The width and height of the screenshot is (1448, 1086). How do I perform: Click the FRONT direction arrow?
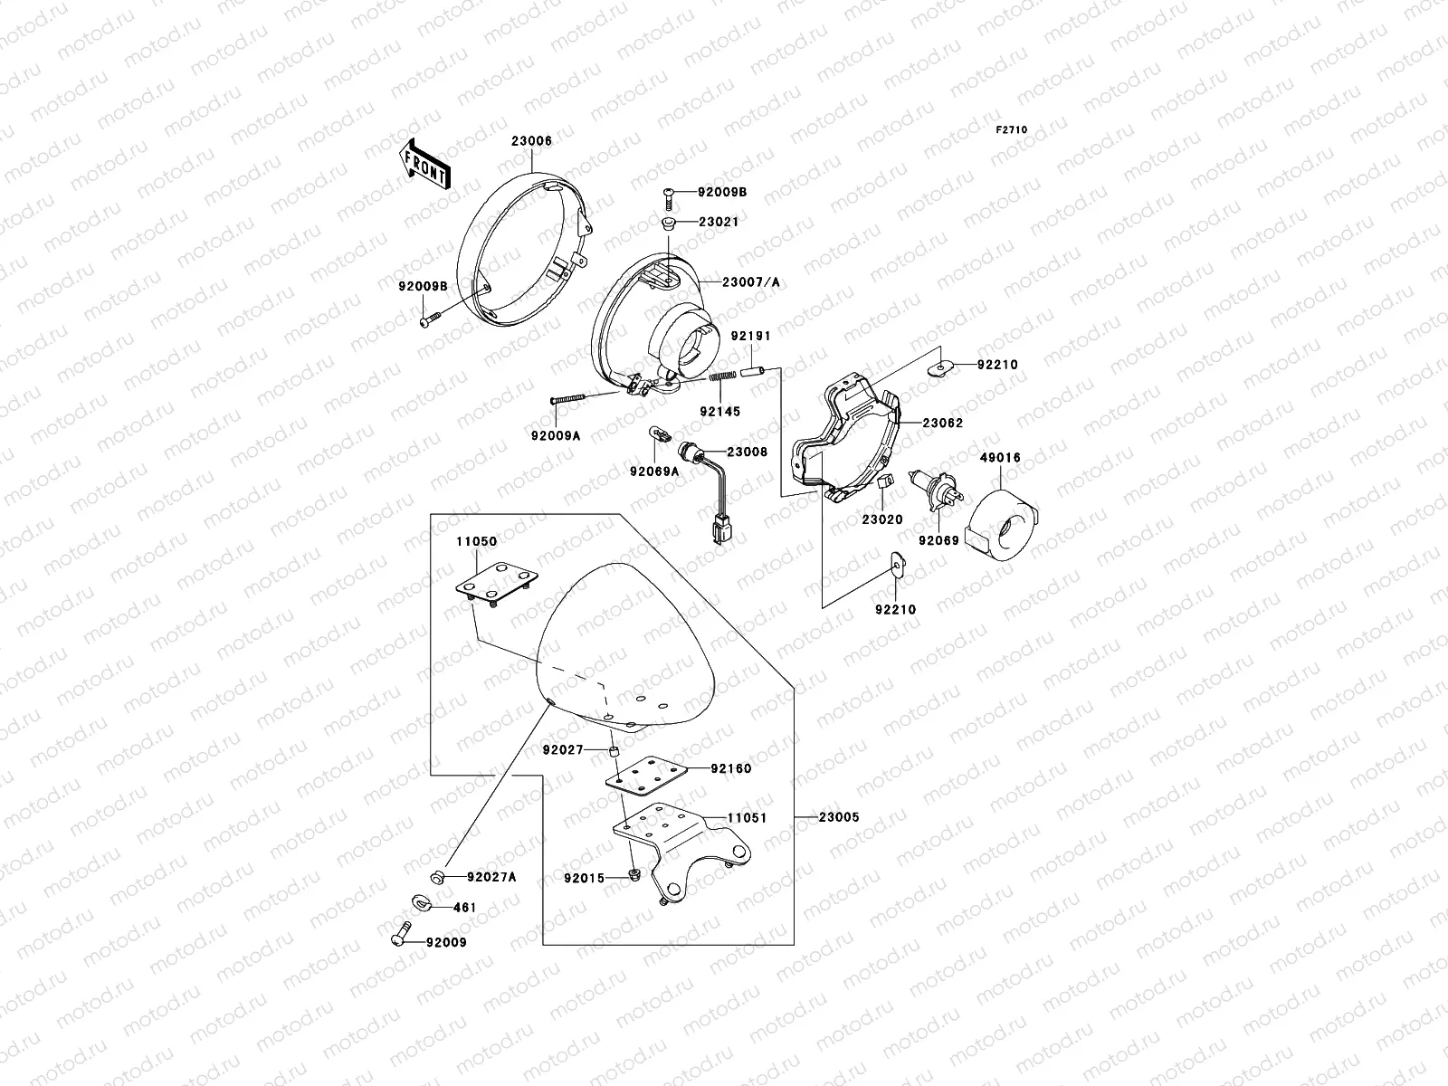point(424,163)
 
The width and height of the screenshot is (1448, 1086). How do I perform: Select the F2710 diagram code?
point(1012,130)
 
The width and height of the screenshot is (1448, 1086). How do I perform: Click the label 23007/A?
point(750,282)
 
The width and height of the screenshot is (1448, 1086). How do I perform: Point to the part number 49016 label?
point(999,458)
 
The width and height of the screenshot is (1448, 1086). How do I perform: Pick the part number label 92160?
point(731,768)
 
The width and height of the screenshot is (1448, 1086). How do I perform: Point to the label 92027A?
point(491,876)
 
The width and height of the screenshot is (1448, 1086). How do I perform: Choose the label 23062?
point(943,423)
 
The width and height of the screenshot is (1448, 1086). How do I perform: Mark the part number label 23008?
point(747,451)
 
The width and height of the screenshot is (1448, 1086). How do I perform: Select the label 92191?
point(750,336)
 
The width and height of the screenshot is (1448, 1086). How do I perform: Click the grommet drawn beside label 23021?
point(668,223)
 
